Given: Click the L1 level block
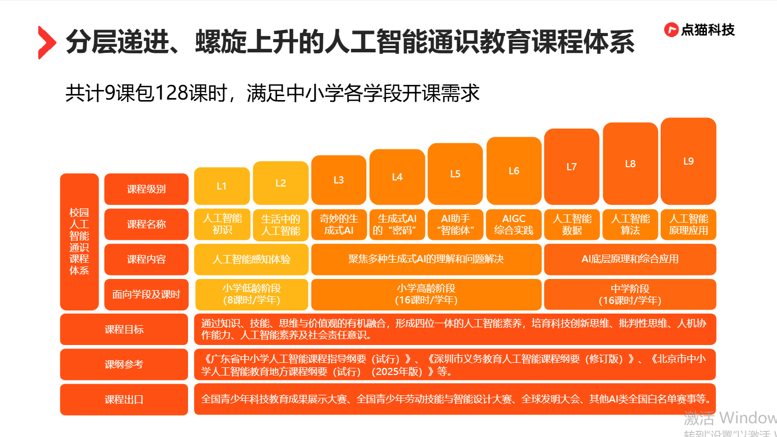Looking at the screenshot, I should pyautogui.click(x=222, y=186).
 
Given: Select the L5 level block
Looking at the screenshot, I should pyautogui.click(x=455, y=174).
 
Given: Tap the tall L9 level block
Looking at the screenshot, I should pyautogui.click(x=689, y=161).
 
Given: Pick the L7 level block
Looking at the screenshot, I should pyautogui.click(x=572, y=167).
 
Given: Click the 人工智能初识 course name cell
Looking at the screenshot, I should pyautogui.click(x=222, y=224).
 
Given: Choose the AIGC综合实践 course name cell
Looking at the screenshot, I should pyautogui.click(x=514, y=224).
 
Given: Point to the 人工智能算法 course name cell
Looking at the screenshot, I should pyautogui.click(x=630, y=224).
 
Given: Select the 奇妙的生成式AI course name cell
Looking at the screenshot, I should pyautogui.click(x=339, y=224).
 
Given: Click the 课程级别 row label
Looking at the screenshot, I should pyautogui.click(x=146, y=189).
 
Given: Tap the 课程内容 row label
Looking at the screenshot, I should pyautogui.click(x=146, y=259).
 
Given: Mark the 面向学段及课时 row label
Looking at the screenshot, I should pyautogui.click(x=146, y=294).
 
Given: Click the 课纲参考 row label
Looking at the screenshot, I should pyautogui.click(x=124, y=364).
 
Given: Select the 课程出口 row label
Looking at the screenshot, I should pyautogui.click(x=124, y=399).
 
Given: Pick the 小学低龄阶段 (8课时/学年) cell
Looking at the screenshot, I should pyautogui.click(x=252, y=294).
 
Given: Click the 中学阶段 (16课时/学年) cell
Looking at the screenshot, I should pyautogui.click(x=630, y=294).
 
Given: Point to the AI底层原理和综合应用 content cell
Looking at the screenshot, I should pyautogui.click(x=630, y=259).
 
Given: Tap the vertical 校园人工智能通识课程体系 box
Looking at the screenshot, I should pyautogui.click(x=79, y=241).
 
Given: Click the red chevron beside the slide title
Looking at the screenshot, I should pyautogui.click(x=47, y=43).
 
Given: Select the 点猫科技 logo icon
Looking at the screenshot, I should pyautogui.click(x=671, y=30).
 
